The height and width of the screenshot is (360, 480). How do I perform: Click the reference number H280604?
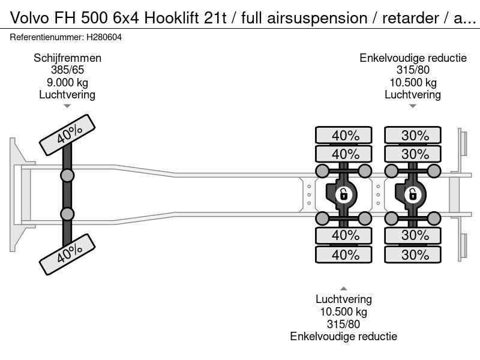tap(104, 37)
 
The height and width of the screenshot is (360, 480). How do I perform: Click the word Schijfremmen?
tap(67, 58)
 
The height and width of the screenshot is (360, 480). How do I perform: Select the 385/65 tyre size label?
tap(67, 70)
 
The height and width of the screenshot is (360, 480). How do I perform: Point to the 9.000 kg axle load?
tap(67, 82)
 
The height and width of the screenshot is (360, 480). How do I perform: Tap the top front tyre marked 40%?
tap(67, 134)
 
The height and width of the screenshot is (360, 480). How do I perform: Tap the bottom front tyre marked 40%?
tap(67, 254)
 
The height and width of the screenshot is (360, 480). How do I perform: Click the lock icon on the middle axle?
tap(343, 194)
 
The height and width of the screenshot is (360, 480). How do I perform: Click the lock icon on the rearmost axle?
tap(413, 194)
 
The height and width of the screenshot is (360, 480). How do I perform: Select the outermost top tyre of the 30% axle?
tap(413, 135)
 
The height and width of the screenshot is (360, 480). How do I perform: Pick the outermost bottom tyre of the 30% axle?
tap(413, 254)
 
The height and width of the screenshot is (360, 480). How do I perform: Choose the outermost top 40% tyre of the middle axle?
tap(343, 135)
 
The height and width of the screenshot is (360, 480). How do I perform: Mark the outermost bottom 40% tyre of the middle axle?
tap(343, 254)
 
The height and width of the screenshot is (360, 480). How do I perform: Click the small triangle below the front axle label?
tap(67, 106)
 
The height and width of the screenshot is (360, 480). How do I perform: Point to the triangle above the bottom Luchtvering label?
tap(343, 289)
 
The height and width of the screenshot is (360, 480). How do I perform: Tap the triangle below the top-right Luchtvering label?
tap(413, 106)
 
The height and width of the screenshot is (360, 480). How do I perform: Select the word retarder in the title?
tap(410, 18)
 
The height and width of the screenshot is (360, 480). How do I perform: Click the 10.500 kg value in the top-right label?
tap(413, 82)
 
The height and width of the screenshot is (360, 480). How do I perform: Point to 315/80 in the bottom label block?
tap(343, 324)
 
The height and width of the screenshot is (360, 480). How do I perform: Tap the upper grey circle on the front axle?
tap(67, 176)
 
